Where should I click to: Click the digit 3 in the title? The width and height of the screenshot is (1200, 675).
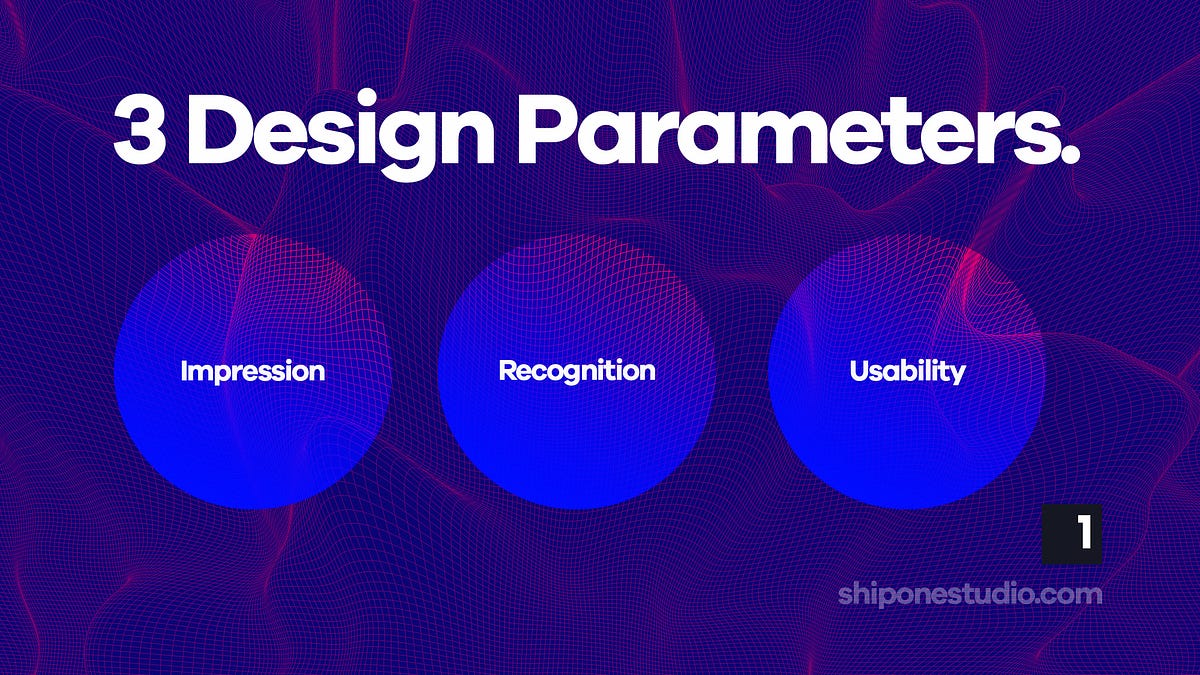[140, 132]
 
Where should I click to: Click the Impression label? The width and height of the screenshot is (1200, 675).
[253, 372]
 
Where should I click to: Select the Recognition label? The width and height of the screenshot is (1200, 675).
[577, 372]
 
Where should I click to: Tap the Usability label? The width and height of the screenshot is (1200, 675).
[907, 372]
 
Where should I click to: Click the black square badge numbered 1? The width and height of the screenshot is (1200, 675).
[1072, 534]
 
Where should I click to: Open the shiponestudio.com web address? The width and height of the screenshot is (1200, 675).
[970, 594]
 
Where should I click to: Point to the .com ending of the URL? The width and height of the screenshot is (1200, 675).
[1070, 594]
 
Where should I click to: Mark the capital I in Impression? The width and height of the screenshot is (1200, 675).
[185, 371]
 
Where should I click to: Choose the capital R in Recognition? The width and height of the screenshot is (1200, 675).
[507, 371]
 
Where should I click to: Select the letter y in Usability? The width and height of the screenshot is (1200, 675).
[957, 375]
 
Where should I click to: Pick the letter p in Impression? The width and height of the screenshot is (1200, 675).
[219, 375]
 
